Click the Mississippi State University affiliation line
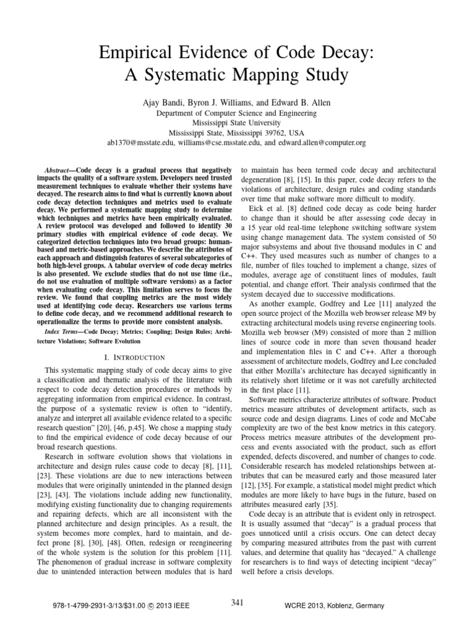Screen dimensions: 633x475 [237, 122]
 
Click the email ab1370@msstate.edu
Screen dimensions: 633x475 [143, 142]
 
